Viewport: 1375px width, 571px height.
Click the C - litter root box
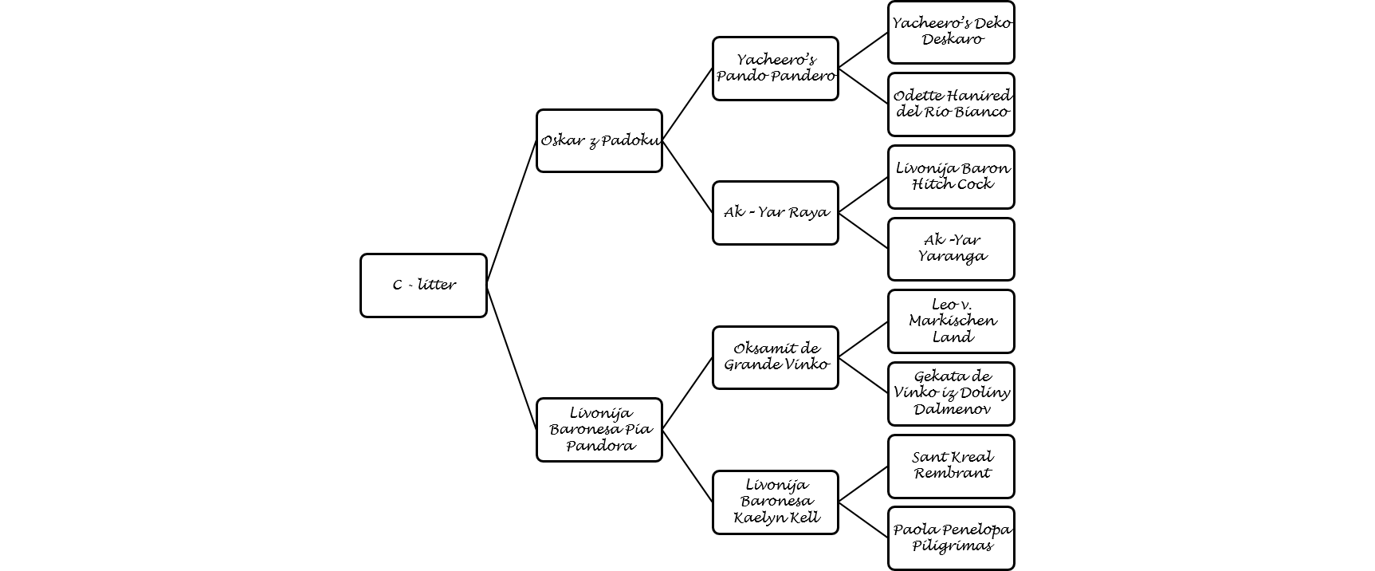click(x=423, y=285)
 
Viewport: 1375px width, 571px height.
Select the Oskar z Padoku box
click(x=599, y=141)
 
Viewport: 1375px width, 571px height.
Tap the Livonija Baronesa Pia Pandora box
click(x=599, y=430)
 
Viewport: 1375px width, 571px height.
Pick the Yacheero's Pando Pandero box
click(x=776, y=69)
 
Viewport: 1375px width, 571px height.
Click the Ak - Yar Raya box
click(x=776, y=213)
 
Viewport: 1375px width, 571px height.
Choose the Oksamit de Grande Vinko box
click(x=776, y=358)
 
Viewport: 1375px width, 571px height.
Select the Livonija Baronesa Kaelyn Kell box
click(x=776, y=502)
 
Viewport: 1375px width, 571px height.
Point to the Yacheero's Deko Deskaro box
click(x=951, y=33)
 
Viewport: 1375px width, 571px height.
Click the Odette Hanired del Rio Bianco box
click(x=951, y=104)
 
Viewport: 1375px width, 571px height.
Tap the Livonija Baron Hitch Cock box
click(x=951, y=177)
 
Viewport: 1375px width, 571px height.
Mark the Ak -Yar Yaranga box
click(x=951, y=250)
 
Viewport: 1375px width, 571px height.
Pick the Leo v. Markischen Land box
click(x=951, y=321)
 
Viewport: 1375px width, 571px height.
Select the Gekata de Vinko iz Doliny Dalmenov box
click(x=951, y=394)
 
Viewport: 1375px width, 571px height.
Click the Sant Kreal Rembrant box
click(x=951, y=467)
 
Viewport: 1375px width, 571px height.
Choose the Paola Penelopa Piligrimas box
click(x=951, y=538)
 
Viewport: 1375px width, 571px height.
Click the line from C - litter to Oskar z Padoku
click(x=511, y=213)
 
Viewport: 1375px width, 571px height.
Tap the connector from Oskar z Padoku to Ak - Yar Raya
click(x=687, y=177)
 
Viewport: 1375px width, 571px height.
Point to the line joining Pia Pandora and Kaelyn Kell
click(x=687, y=467)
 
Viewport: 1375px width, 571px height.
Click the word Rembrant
click(x=952, y=473)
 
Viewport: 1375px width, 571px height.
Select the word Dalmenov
click(x=952, y=409)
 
